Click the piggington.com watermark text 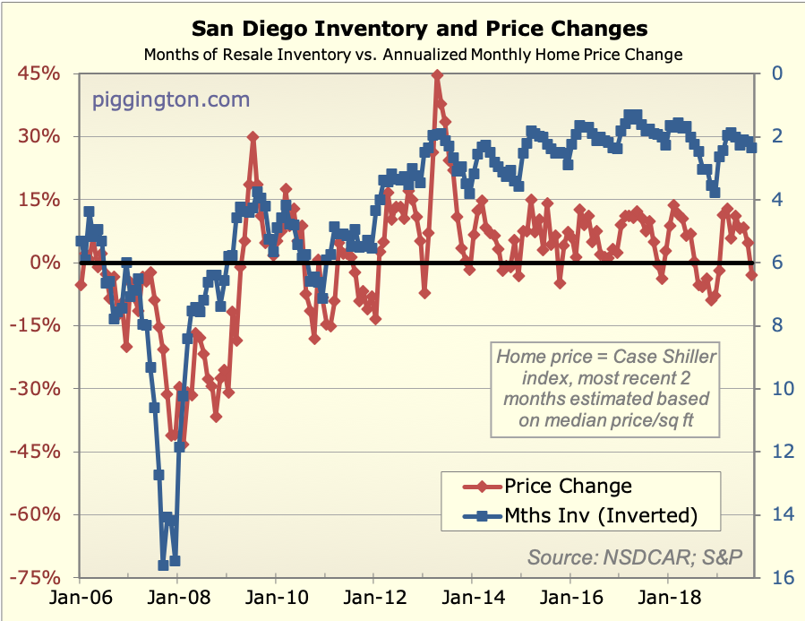[171, 99]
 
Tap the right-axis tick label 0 [775, 73]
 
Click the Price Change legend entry [568, 486]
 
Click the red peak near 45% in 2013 [437, 76]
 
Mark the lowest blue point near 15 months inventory [163, 565]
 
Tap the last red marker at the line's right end [751, 274]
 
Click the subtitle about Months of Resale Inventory [413, 55]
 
